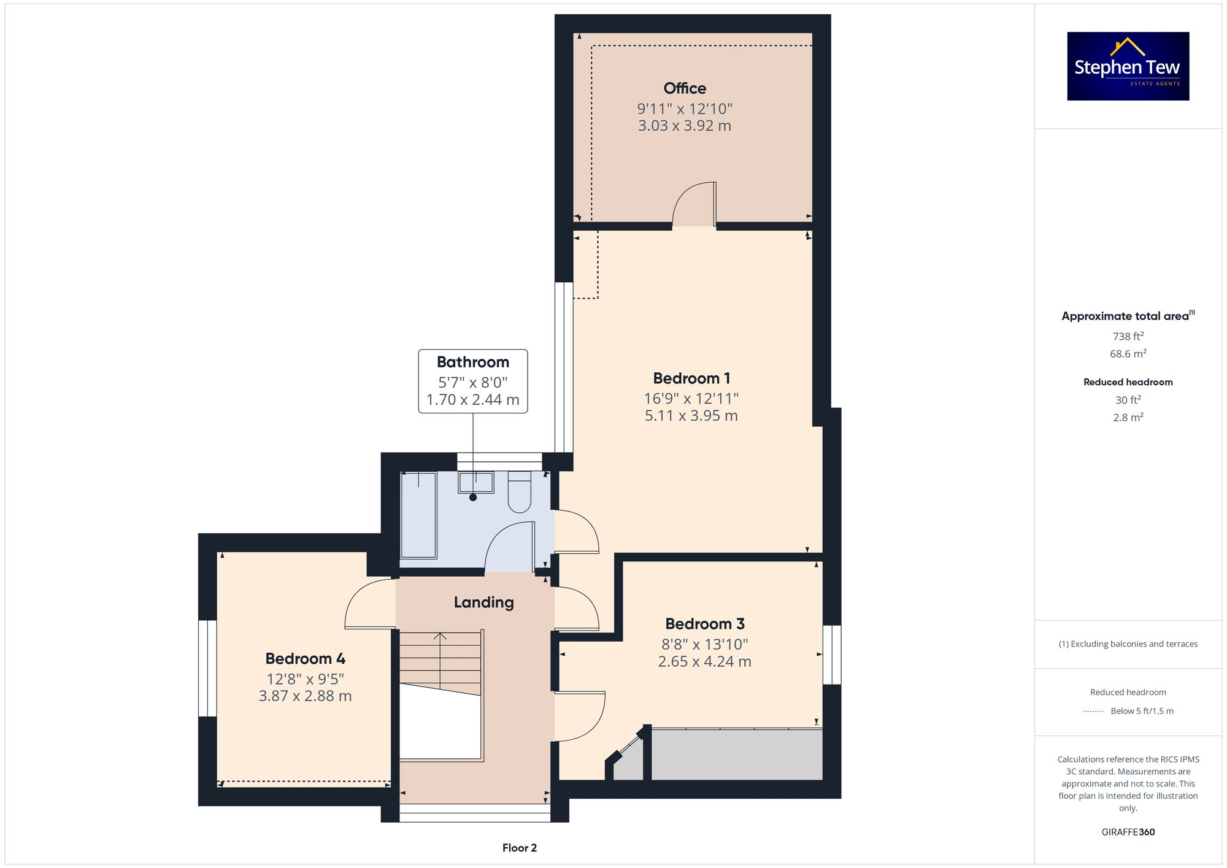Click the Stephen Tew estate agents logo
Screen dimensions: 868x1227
tap(1128, 66)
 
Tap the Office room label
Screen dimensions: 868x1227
tap(685, 88)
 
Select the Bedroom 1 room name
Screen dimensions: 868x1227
tap(691, 378)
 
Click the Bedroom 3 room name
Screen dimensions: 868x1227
tap(705, 624)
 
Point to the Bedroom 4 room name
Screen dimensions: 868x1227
tap(305, 659)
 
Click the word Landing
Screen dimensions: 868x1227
tap(483, 602)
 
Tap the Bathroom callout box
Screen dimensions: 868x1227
tap(472, 381)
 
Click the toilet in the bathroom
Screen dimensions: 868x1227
tap(519, 493)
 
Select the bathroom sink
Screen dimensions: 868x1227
tap(475, 482)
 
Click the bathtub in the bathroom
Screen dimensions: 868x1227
tap(418, 515)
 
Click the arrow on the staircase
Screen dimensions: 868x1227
tap(440, 636)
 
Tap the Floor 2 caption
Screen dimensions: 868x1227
tap(519, 848)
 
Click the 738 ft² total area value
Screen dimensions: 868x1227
tap(1128, 336)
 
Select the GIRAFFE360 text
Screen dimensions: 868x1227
tap(1128, 832)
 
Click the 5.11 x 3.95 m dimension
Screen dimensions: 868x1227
tap(691, 416)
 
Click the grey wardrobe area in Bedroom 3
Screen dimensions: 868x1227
tap(736, 755)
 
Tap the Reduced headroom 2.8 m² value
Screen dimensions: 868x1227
tap(1128, 417)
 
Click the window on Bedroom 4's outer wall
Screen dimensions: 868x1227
tap(207, 668)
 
